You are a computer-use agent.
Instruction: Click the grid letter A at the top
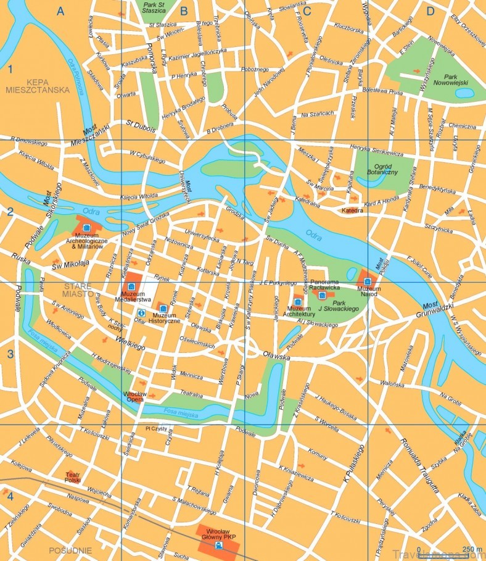[60, 10]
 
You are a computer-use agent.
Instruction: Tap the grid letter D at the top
[430, 10]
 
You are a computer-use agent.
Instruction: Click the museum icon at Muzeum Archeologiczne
[86, 228]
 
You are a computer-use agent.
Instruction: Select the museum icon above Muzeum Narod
[367, 281]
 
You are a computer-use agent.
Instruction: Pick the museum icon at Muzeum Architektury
[297, 301]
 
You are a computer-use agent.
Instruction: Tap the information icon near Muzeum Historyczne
[141, 313]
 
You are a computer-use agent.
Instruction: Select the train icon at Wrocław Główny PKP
[218, 546]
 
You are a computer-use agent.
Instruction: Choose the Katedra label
[352, 210]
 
